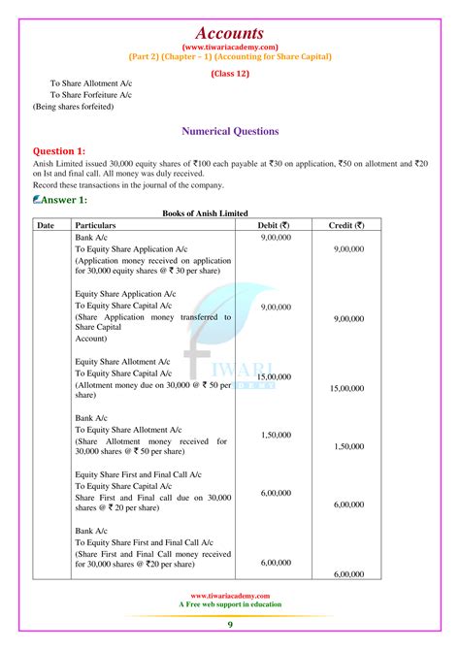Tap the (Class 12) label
(230, 72)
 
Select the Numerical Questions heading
(230, 131)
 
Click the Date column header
(46, 225)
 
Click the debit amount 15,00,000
(277, 376)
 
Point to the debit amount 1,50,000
(277, 435)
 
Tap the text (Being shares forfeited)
(73, 107)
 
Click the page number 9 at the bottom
(230, 624)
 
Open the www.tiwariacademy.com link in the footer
(230, 596)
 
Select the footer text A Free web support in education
(230, 604)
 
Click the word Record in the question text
(46, 184)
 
